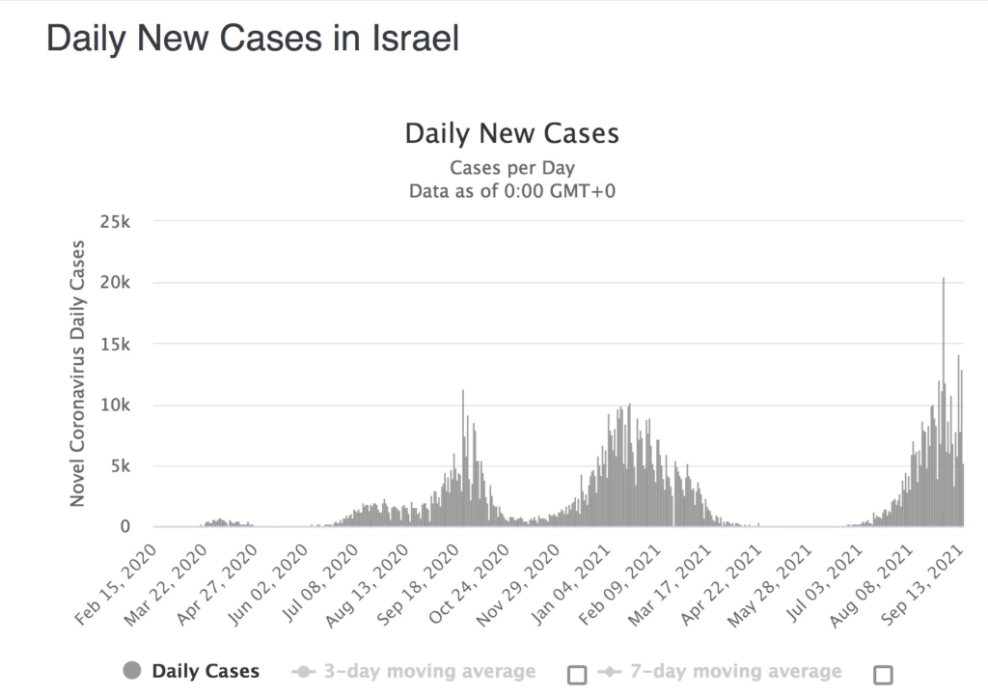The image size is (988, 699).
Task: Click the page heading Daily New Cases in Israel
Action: [253, 39]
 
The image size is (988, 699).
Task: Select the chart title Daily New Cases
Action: [511, 133]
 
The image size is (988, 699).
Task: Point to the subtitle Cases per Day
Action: [511, 168]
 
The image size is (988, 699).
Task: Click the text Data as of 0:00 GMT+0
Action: [511, 190]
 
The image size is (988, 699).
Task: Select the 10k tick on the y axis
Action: [115, 405]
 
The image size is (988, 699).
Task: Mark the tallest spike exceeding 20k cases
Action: [943, 280]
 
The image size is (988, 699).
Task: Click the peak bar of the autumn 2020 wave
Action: [463, 392]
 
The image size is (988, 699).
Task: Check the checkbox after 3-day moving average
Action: [577, 674]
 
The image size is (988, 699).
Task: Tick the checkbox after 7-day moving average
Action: [883, 674]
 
